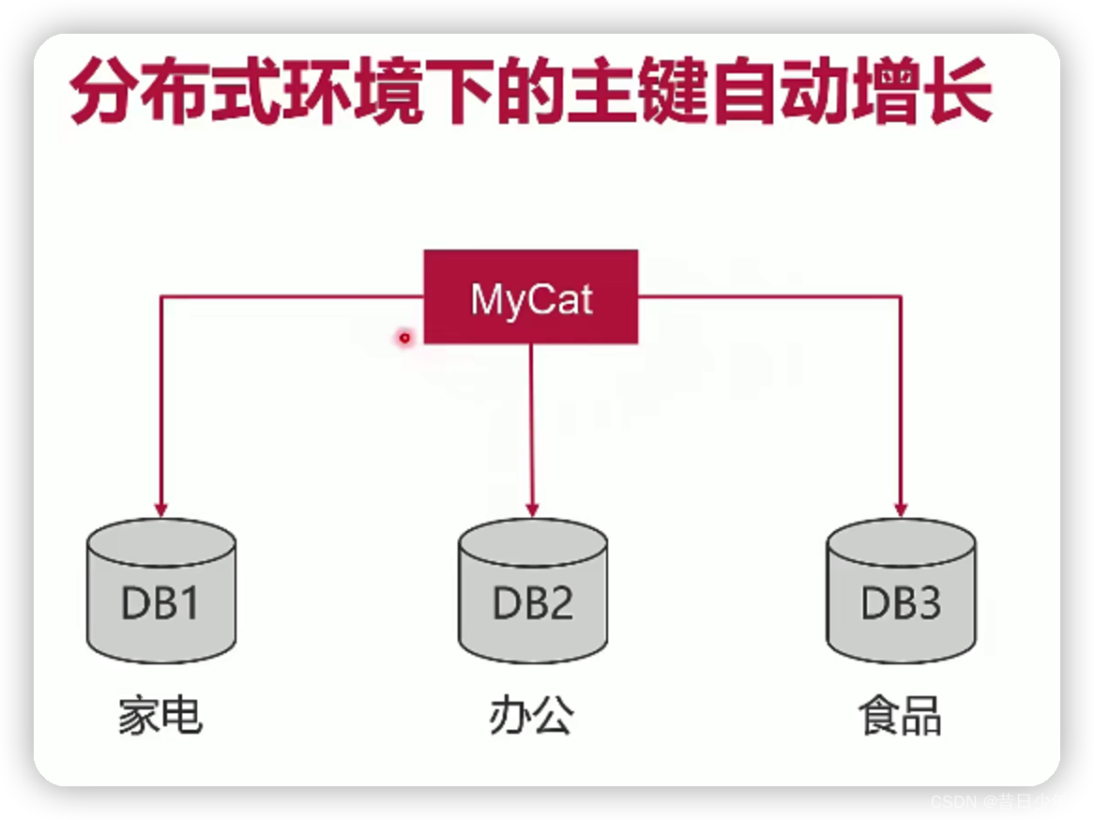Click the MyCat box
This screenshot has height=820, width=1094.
pos(531,296)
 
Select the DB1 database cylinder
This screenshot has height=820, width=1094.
pos(160,591)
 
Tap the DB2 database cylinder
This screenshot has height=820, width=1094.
pos(532,591)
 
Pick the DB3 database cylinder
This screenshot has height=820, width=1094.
pos(901,591)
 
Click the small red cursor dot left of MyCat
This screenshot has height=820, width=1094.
pos(405,337)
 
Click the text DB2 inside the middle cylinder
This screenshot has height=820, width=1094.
pos(532,602)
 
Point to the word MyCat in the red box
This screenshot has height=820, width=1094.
pos(531,300)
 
